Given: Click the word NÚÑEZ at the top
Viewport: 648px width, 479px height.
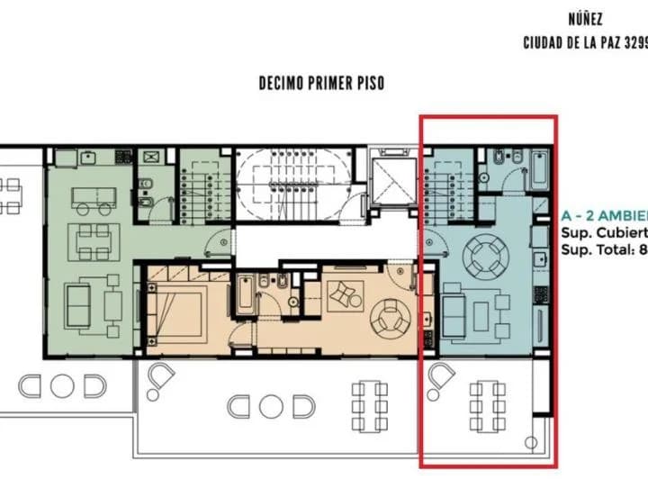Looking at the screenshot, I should coord(585,18).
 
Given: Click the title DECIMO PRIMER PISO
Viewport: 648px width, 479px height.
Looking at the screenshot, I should coord(321,83).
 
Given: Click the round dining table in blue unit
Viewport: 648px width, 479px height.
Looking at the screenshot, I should coord(485,255).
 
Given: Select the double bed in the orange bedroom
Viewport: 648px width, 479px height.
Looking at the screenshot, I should coord(171,303).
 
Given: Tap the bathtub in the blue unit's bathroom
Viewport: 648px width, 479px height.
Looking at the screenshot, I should coord(539,170).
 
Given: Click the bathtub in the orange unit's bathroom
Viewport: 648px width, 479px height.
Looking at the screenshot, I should coord(246,295).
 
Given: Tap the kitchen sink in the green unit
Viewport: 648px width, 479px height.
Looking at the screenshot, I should coord(89,157).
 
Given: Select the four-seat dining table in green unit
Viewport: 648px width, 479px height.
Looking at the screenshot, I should coord(94,241).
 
